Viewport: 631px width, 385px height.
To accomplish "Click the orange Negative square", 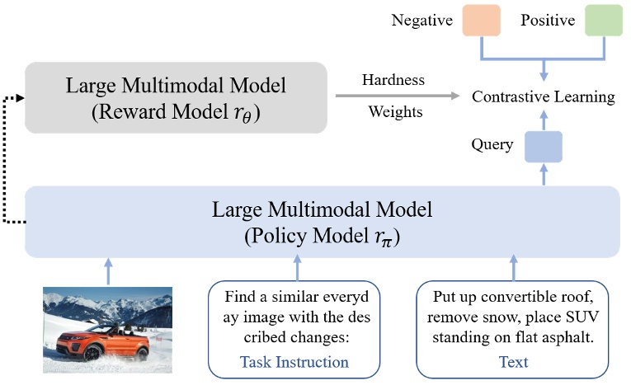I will point(482,20).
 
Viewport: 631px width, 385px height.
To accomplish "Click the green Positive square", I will point(602,20).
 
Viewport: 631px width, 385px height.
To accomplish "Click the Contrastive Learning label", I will point(543,97).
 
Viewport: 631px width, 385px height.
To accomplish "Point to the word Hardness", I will point(393,80).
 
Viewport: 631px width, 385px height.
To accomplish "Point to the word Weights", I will point(393,111).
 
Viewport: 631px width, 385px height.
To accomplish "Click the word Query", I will point(493,146).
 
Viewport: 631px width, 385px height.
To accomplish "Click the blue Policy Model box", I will point(323,220).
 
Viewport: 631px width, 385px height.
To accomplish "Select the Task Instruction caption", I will point(294,362).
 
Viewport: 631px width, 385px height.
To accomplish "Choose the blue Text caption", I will point(513,362).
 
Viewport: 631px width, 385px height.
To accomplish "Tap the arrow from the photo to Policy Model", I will point(107,270).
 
